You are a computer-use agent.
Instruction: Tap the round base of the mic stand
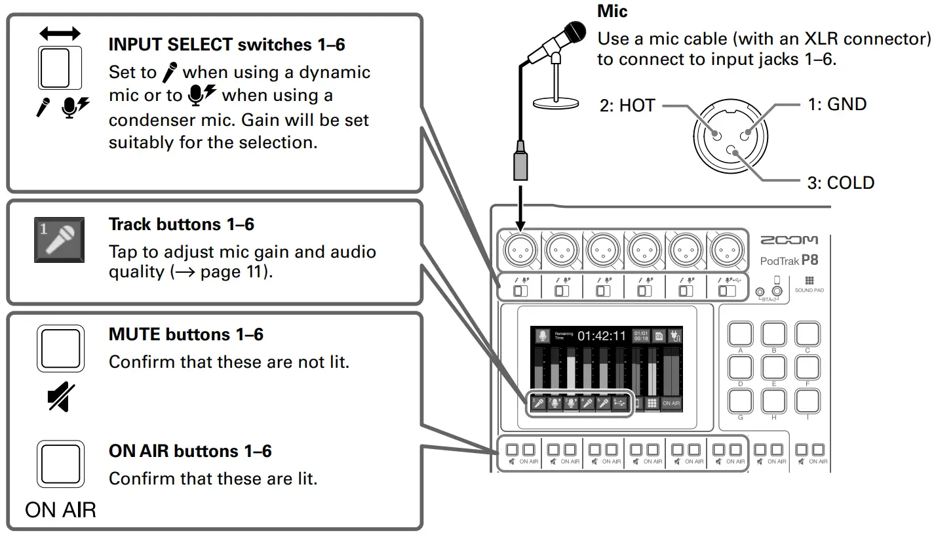[x=556, y=102]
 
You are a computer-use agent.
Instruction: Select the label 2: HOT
[x=627, y=105]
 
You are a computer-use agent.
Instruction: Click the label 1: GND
[x=837, y=104]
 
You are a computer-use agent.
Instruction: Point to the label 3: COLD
[x=840, y=182]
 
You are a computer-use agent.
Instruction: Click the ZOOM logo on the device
[x=789, y=241]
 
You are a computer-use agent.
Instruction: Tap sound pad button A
[x=740, y=334]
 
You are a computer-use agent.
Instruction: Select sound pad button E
[x=773, y=368]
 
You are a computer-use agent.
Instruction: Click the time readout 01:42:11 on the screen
[x=601, y=336]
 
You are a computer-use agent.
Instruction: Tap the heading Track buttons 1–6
[x=182, y=224]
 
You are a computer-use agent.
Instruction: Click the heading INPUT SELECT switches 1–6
[x=227, y=45]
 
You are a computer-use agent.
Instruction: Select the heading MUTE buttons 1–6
[x=185, y=334]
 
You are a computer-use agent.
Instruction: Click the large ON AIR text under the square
[x=60, y=509]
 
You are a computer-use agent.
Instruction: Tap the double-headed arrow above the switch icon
[x=60, y=33]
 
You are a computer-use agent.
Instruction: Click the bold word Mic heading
[x=612, y=11]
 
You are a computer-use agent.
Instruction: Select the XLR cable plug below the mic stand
[x=519, y=162]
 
